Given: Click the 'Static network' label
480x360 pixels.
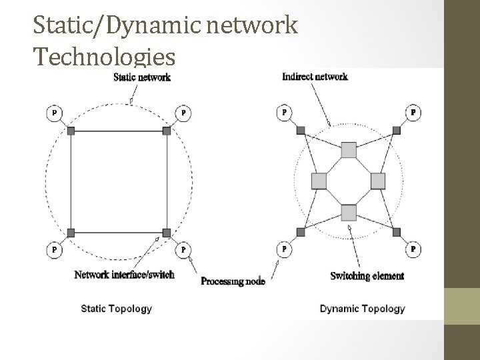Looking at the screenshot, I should click(141, 77).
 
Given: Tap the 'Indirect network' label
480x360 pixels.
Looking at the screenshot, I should click(315, 77).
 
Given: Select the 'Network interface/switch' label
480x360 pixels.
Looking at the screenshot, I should click(124, 275).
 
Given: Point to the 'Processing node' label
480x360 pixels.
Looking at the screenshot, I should click(233, 281).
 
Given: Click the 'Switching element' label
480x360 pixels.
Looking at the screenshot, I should click(367, 276).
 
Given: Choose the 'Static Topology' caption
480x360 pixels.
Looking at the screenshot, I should click(116, 309).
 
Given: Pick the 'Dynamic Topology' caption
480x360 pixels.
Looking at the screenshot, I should click(362, 309).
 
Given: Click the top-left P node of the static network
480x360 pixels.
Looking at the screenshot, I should click(53, 113).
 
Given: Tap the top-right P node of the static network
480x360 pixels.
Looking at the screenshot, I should click(183, 113).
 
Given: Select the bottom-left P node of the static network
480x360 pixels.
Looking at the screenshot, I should click(53, 249).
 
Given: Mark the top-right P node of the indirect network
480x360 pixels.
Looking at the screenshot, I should click(413, 113).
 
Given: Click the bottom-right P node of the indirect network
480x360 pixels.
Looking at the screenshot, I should click(413, 249).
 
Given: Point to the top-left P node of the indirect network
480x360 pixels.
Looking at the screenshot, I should click(285, 113).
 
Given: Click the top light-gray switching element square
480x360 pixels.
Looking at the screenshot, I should click(349, 149).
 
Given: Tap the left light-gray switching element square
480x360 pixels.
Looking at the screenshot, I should click(319, 181).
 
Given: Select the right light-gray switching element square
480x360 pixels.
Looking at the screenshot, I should click(378, 181).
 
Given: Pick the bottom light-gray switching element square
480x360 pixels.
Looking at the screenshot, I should click(349, 212).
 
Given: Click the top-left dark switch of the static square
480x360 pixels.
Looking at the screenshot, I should click(71, 131).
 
